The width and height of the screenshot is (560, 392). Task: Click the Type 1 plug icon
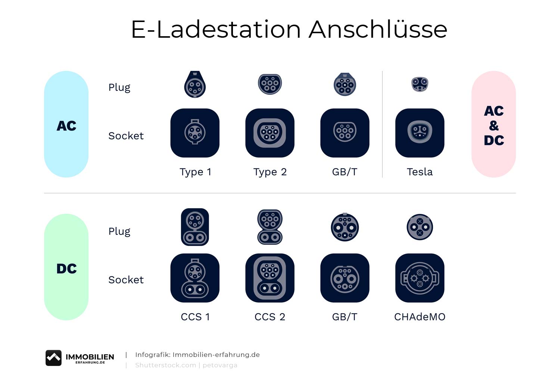[195, 84]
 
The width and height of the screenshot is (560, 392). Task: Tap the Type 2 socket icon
[270, 133]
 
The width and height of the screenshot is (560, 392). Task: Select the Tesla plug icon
[420, 84]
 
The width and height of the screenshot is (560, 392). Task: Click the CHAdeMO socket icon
[420, 278]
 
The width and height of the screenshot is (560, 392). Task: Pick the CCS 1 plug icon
[195, 227]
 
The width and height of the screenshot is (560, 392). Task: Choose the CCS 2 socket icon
[270, 278]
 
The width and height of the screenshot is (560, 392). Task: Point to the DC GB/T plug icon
[345, 227]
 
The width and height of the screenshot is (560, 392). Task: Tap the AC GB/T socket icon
[345, 133]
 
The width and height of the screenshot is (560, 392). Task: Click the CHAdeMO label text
[420, 317]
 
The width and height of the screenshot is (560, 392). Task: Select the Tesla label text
[420, 172]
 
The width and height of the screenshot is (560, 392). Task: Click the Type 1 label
[196, 172]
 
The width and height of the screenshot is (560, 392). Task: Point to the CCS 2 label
[270, 317]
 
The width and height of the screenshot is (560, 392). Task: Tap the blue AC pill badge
[66, 124]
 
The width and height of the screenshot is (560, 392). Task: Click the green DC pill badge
[66, 267]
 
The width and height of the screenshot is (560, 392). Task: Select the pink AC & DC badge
[494, 124]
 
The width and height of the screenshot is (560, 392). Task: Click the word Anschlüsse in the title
[378, 29]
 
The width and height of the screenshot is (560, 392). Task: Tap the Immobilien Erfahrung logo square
[53, 358]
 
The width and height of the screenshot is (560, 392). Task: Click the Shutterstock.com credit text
[165, 365]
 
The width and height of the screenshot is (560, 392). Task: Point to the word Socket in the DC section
[126, 280]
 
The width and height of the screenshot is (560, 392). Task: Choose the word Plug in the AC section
[119, 88]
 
